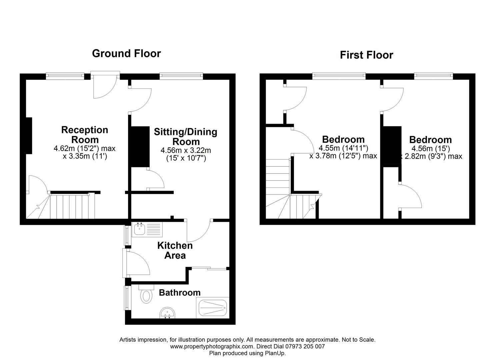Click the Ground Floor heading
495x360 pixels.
(126, 54)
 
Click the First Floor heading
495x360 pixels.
(367, 55)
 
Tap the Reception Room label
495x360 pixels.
(85, 135)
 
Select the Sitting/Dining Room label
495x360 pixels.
(186, 137)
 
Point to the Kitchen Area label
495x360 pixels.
(175, 250)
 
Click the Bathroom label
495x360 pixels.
(180, 293)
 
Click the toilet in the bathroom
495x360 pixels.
(146, 294)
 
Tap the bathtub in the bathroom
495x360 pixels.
(213, 308)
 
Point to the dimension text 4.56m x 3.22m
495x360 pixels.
(186, 150)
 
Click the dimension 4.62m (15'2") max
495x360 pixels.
(85, 148)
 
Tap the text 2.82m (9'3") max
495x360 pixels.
(433, 156)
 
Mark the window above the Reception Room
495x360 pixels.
(65, 76)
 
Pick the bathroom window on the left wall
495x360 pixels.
(127, 298)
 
